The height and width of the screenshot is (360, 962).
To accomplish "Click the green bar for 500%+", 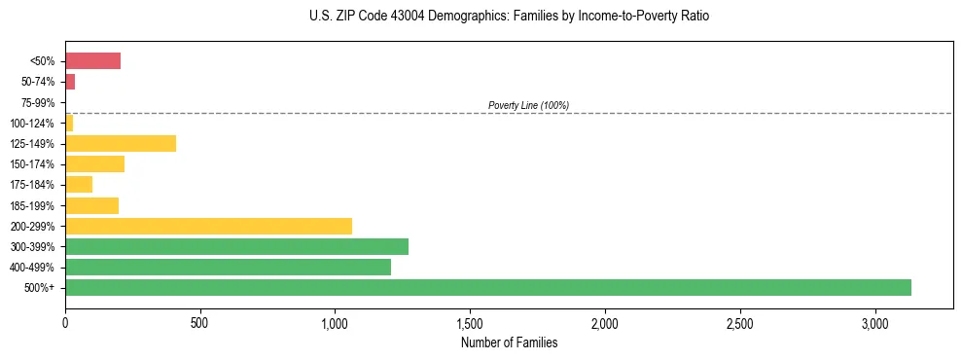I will pyautogui.click(x=487, y=287).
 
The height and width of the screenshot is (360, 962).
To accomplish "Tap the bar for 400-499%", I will pyautogui.click(x=228, y=267).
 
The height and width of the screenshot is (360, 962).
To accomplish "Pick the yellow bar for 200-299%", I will pyautogui.click(x=208, y=226).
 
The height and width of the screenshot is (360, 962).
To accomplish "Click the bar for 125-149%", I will pyautogui.click(x=121, y=144).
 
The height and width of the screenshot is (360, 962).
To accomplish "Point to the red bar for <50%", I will pyautogui.click(x=92, y=61).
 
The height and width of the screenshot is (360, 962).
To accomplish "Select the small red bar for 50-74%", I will pyautogui.click(x=70, y=82).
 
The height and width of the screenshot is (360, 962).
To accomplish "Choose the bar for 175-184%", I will pyautogui.click(x=79, y=185).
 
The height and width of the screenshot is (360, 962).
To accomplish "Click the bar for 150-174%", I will pyautogui.click(x=94, y=164).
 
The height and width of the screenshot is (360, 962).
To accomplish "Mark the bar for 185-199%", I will pyautogui.click(x=91, y=205).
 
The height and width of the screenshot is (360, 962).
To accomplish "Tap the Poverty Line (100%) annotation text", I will pyautogui.click(x=528, y=105).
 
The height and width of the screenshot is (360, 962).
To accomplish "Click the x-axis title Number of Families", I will pyautogui.click(x=509, y=342).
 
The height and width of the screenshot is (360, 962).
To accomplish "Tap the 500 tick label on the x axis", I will pyautogui.click(x=199, y=322).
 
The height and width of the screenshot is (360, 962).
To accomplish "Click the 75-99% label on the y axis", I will pyautogui.click(x=39, y=102).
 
